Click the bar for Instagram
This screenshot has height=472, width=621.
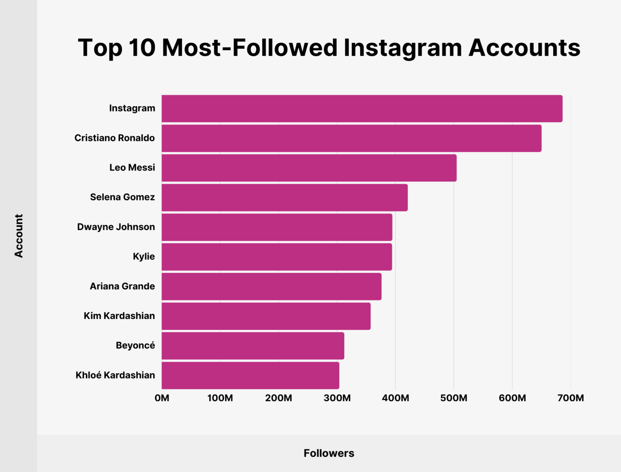tap(362, 109)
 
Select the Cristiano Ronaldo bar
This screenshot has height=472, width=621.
tap(351, 138)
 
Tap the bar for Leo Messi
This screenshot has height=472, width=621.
tap(309, 168)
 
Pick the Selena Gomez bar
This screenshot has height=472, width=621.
tap(285, 198)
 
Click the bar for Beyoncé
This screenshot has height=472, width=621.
tap(253, 346)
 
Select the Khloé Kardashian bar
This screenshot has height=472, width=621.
tap(250, 375)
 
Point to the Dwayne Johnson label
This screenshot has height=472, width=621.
tap(116, 227)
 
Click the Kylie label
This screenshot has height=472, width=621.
tap(144, 257)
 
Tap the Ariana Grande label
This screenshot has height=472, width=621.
tap(122, 286)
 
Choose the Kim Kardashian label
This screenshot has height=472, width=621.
tap(119, 316)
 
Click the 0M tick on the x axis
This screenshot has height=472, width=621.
tap(162, 398)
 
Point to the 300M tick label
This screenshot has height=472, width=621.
tap(337, 398)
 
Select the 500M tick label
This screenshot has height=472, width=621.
tap(454, 398)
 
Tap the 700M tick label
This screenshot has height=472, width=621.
tap(571, 398)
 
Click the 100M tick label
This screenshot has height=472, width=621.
tap(220, 398)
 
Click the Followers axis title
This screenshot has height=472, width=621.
tap(329, 453)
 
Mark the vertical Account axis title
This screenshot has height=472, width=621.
tap(19, 236)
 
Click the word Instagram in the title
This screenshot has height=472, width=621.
tap(402, 48)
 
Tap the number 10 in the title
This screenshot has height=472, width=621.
tap(141, 47)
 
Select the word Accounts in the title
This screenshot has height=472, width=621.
tap(524, 47)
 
